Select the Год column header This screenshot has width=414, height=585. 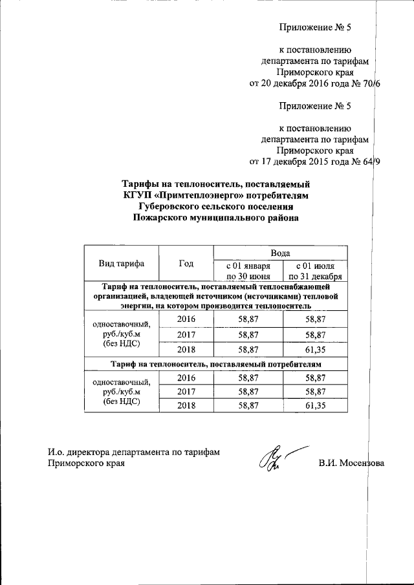click(x=186, y=263)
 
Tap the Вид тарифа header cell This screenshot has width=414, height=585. click(x=122, y=263)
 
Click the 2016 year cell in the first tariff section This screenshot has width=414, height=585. click(x=186, y=319)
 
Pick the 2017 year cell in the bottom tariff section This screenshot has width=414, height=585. click(x=186, y=391)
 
